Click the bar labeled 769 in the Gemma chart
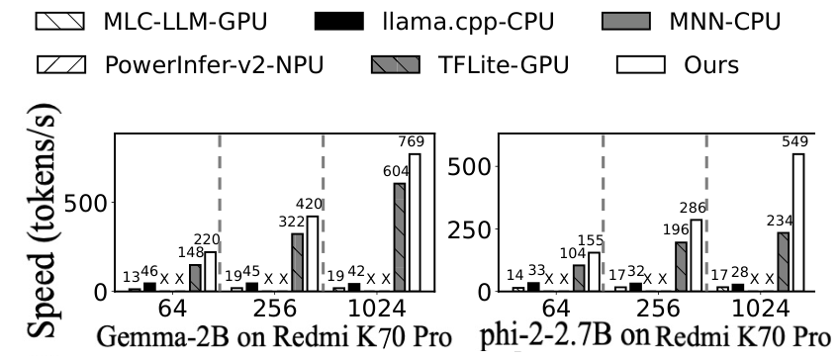pos(415,223)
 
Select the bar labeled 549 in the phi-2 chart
pos(798,223)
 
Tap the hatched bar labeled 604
pos(399,237)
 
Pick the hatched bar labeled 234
pos(783,262)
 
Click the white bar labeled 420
pos(312,254)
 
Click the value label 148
pos(191,252)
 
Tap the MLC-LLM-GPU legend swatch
pos(60,22)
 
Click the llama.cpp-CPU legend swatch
pos(339,22)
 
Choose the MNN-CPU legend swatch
pos(626,22)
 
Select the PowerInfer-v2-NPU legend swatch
pos(60,64)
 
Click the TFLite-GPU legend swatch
pos(396,64)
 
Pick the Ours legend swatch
pos(640,64)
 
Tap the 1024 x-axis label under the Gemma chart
pos(376,310)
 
